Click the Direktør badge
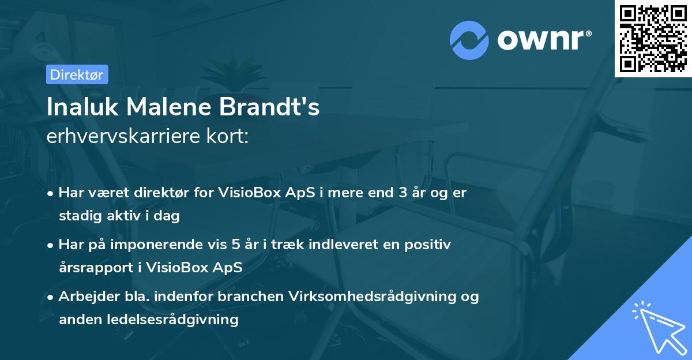[x=77, y=74]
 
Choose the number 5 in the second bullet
[x=236, y=245]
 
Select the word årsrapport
[x=93, y=268]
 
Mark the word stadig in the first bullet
[x=78, y=216]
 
